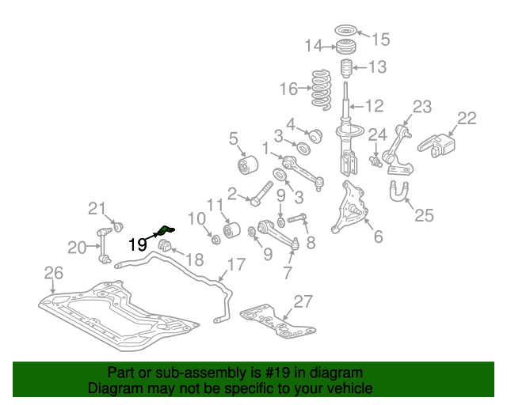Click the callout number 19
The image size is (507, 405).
point(137,244)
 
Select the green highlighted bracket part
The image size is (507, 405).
point(165,230)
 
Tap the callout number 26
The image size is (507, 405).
point(52,274)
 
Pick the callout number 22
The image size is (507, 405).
point(467,119)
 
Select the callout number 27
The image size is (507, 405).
point(303,301)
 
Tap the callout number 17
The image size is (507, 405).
point(236,264)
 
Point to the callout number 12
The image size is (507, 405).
point(373,104)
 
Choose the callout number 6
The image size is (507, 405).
point(377,236)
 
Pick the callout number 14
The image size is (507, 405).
point(314,46)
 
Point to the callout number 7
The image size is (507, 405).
point(288,273)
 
